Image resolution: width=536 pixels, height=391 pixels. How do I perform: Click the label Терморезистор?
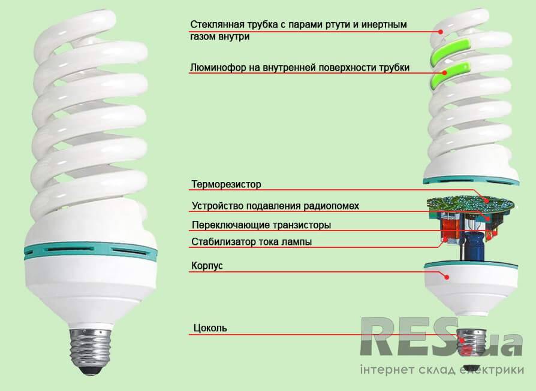pos(226,184)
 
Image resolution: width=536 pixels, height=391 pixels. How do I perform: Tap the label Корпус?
pos(207,266)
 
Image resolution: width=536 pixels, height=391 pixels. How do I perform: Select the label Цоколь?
pos(210,328)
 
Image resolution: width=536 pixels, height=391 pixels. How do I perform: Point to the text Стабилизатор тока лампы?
pos(252,242)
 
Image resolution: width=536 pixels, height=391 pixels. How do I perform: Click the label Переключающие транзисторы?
pos(261,225)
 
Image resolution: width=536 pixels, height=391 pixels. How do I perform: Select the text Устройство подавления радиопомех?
pos(276,206)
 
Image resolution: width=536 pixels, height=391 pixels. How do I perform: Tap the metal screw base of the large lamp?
pos(91,349)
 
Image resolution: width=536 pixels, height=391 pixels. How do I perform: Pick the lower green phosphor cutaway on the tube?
pos(450,74)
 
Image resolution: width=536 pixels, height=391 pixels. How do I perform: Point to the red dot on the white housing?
pos(447,277)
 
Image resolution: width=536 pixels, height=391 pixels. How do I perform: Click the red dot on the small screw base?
pos(462,340)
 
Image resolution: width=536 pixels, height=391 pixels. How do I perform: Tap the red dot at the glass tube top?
pos(441,32)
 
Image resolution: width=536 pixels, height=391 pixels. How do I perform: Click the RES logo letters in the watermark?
pos(409,336)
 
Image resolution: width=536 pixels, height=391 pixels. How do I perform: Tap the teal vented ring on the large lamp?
pos(91,251)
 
